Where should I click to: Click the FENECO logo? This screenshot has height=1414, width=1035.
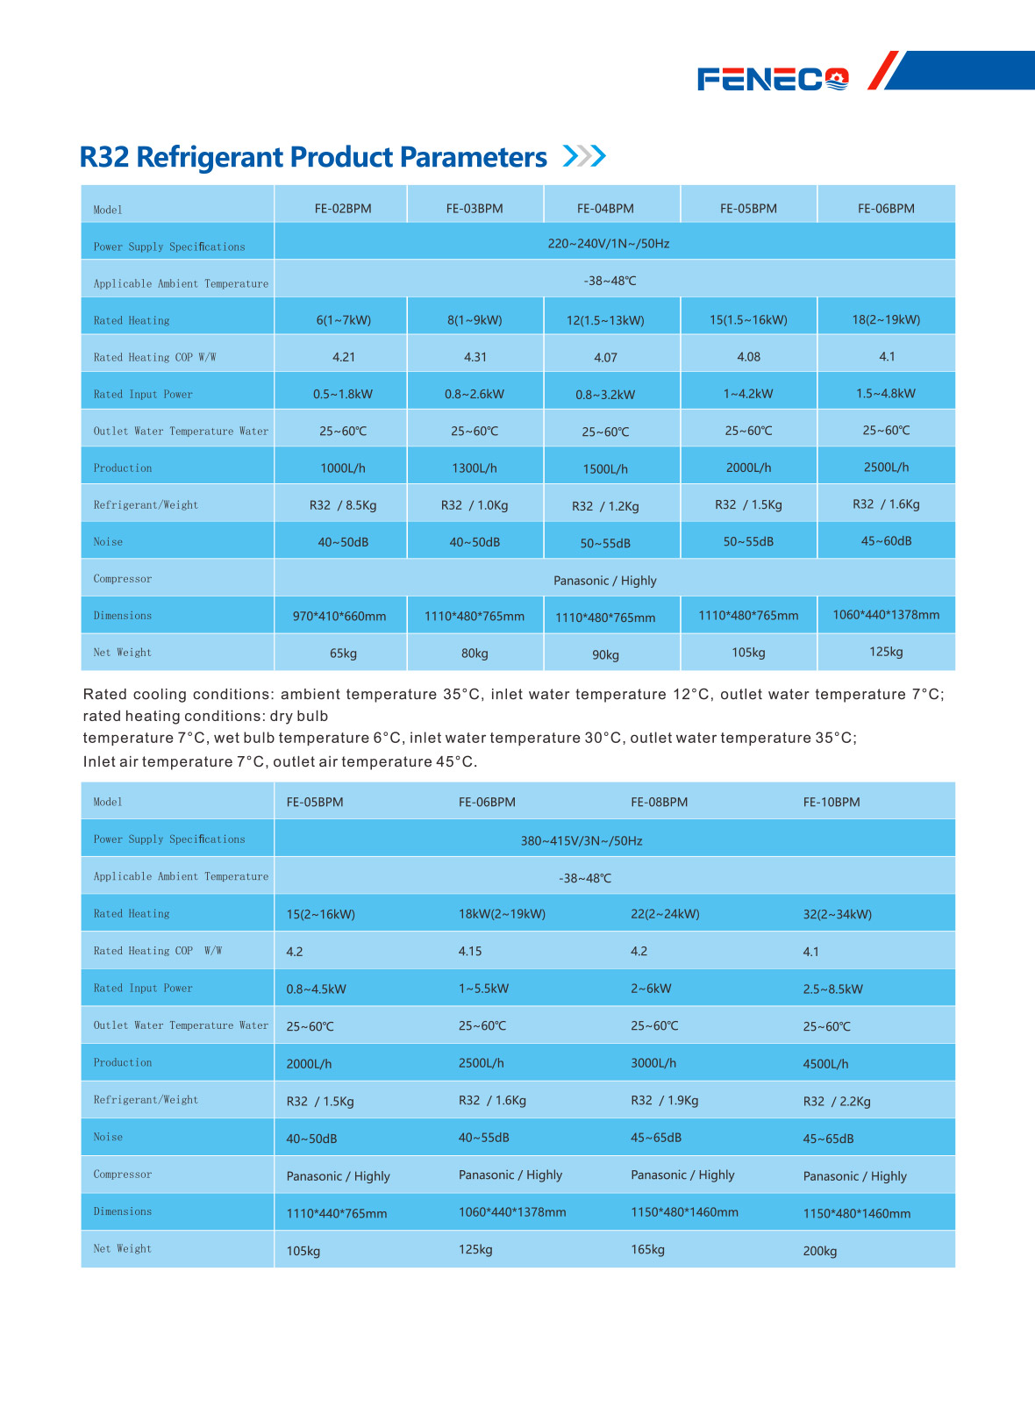tap(773, 80)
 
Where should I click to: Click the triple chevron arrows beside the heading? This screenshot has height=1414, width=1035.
tap(584, 156)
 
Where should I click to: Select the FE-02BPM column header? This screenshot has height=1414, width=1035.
tap(343, 209)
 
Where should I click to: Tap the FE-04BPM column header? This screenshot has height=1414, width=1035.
tap(605, 209)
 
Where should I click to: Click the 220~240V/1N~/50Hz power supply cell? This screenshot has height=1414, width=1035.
tap(609, 244)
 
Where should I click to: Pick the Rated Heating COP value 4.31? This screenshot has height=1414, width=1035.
tap(475, 357)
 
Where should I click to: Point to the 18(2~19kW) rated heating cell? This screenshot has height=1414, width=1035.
tap(886, 319)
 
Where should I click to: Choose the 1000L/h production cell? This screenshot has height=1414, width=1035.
tap(343, 468)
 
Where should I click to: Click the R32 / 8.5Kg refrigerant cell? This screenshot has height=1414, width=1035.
tap(343, 505)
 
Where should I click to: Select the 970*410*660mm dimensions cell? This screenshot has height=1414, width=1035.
tap(339, 617)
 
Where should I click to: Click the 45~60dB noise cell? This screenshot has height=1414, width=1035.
tap(886, 541)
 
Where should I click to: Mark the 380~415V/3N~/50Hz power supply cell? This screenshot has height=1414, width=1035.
tap(582, 841)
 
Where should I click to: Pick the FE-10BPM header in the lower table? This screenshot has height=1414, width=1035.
tap(832, 803)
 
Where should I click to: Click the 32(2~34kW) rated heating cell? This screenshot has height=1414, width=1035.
tap(838, 914)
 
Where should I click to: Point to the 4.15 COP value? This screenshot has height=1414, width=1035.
tap(470, 951)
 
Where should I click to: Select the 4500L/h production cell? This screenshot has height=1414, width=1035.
tap(825, 1064)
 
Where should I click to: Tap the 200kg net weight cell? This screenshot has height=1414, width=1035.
tap(820, 1252)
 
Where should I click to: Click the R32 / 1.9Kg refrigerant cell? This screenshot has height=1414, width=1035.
tap(665, 1101)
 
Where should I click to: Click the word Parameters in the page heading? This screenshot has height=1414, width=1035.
tap(474, 157)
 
